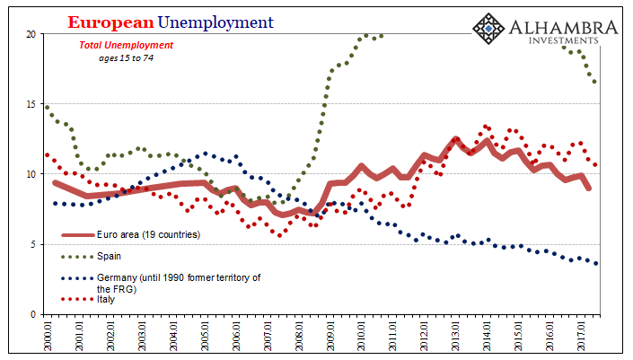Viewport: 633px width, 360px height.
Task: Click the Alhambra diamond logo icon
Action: click(x=490, y=30)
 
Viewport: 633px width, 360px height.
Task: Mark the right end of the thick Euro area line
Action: click(x=589, y=188)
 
